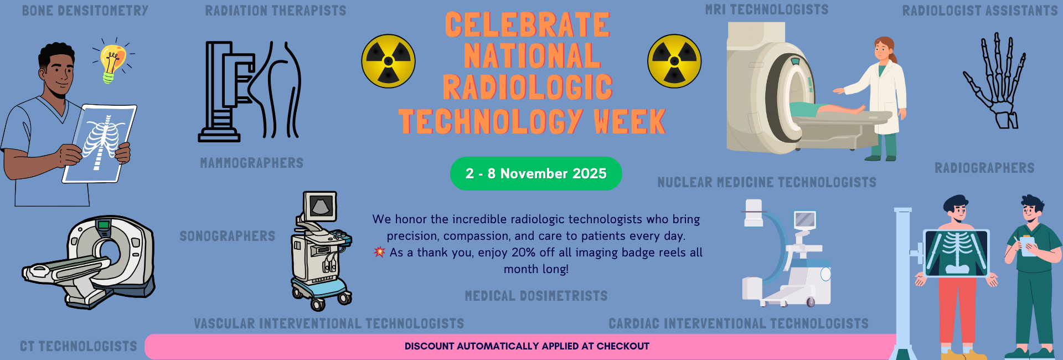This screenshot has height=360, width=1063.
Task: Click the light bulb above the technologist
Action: [x=112, y=61]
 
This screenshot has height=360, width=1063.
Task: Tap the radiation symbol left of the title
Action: [x=388, y=61]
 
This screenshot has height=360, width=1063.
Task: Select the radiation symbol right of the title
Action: [x=674, y=61]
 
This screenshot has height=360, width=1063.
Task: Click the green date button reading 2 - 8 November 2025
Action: [x=536, y=173]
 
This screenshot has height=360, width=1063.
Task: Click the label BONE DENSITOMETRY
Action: [x=85, y=11]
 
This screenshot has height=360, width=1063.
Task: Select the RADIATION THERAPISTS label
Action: [x=275, y=11]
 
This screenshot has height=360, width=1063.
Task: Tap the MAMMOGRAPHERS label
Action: [x=251, y=163]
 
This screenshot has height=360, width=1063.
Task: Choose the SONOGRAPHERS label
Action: [x=227, y=236]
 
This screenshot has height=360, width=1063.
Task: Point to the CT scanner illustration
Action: [x=91, y=260]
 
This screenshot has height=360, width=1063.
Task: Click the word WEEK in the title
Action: [x=629, y=122]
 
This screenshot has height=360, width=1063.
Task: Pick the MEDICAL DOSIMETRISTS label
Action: [x=536, y=296]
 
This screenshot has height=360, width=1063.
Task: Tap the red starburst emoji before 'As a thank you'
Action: [x=379, y=252]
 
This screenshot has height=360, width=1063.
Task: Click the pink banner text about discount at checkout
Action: [x=527, y=346]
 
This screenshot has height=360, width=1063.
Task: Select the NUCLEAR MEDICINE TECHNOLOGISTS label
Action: [x=766, y=182]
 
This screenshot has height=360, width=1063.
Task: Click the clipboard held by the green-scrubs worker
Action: [x=1029, y=246]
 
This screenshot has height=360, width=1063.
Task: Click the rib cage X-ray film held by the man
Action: [x=100, y=142]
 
